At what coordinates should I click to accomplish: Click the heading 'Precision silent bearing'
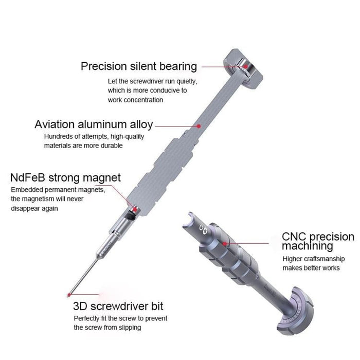point(138,66)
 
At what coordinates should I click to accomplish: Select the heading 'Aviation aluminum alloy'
point(94,124)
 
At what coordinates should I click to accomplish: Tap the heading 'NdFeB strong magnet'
point(65,178)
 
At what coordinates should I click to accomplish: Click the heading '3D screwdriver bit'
point(118,307)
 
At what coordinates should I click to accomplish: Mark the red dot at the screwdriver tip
point(68,295)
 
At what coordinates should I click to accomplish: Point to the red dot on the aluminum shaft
point(199,125)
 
